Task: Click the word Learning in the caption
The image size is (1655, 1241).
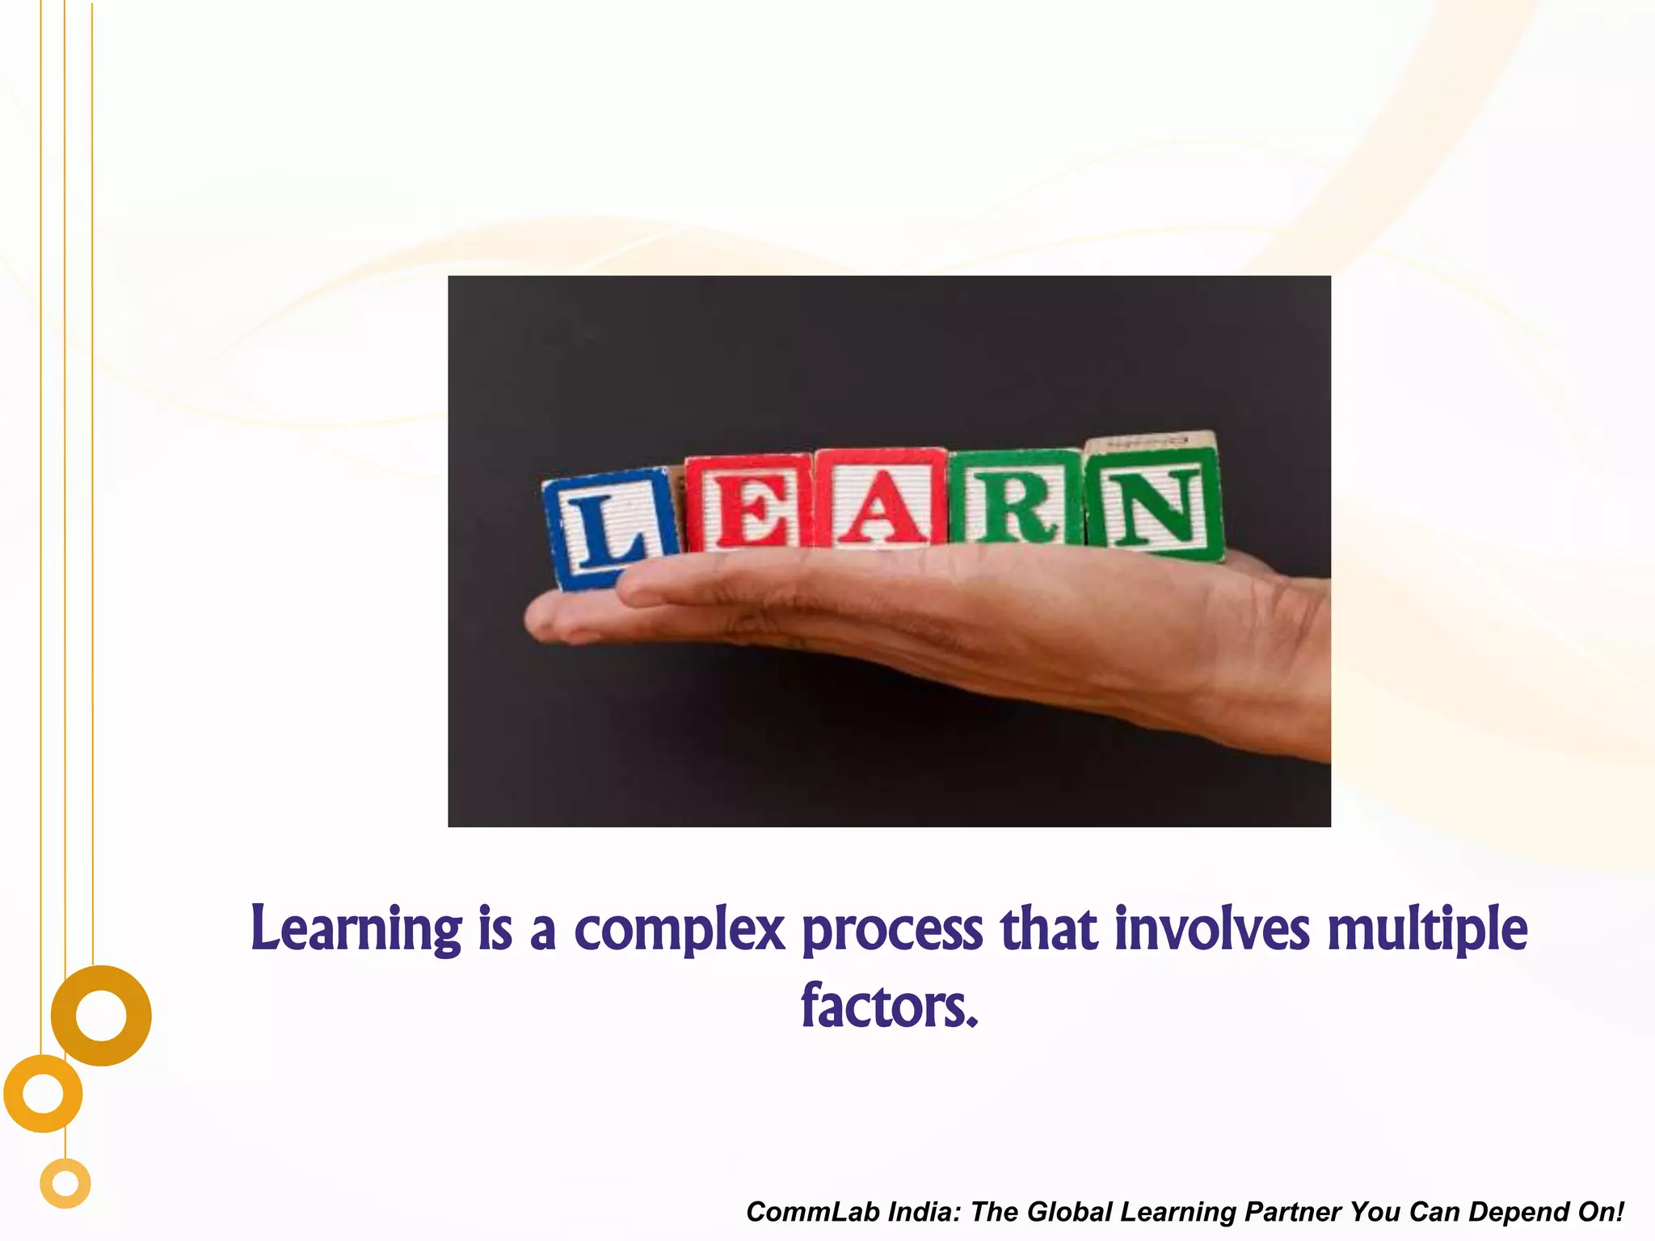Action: tap(356, 929)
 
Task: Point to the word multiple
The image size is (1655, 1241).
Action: tap(1427, 929)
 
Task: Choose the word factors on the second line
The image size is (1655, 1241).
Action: tap(889, 1006)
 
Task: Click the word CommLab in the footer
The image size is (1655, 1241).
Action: tap(811, 1212)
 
